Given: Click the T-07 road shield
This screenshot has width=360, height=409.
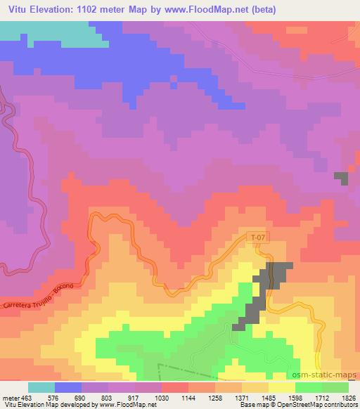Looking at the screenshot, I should [x=259, y=238].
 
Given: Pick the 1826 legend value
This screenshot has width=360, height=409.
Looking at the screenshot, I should [x=349, y=397].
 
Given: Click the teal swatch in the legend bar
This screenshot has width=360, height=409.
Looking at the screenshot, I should [x=41, y=387].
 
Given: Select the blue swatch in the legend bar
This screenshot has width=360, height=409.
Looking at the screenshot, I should [x=68, y=387].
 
